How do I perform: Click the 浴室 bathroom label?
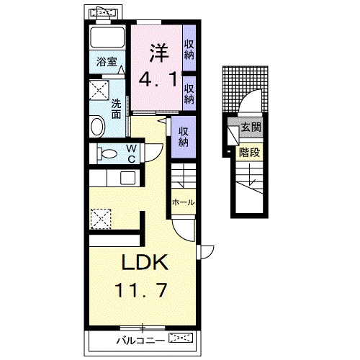pos(107,62)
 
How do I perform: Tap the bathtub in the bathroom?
pos(107,37)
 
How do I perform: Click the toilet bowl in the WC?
pos(107,153)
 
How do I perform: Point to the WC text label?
pos(132,154)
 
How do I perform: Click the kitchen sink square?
pos(127,178)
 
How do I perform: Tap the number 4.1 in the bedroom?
pos(158,80)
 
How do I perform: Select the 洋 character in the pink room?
pos(159,53)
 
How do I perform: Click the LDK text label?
pos(145,263)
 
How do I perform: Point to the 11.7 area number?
pos(141,290)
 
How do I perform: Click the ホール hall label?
pos(184,202)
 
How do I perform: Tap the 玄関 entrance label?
pos(251,127)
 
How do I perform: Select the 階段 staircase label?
pos(250,153)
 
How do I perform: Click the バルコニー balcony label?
pos(141,341)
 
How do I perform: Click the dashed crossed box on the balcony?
pos(181,338)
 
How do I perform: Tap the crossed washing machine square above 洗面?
pos(99,90)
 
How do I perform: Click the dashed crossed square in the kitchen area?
pos(101,219)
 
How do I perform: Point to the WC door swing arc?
pos(155,156)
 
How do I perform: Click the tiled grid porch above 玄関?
pos(245,89)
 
